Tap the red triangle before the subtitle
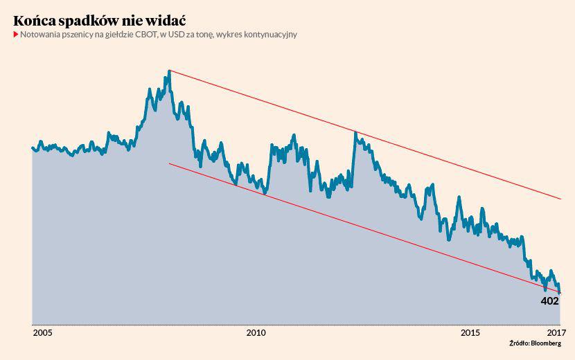click(x=15, y=35)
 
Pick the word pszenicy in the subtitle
click(x=83, y=35)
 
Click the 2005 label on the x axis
click(x=42, y=333)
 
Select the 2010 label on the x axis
click(x=256, y=333)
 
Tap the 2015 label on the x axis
click(x=470, y=333)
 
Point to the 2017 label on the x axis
click(x=556, y=333)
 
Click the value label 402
click(x=549, y=301)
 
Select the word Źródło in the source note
click(x=519, y=343)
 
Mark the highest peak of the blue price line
click(x=169, y=71)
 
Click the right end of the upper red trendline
click(x=560, y=199)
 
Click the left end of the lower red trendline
click(x=170, y=163)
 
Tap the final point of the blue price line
click(x=560, y=293)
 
